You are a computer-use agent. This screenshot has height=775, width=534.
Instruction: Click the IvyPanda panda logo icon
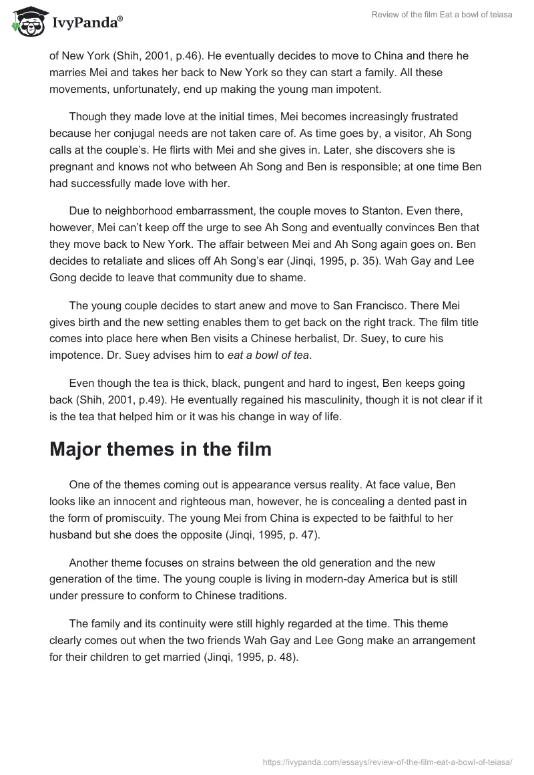pos(27,22)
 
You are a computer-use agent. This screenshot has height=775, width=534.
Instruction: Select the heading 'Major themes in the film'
pos(160,449)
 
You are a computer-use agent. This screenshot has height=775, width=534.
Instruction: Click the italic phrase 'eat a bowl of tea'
pos(268,355)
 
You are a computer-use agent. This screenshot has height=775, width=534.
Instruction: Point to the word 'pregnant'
pos(71,164)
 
